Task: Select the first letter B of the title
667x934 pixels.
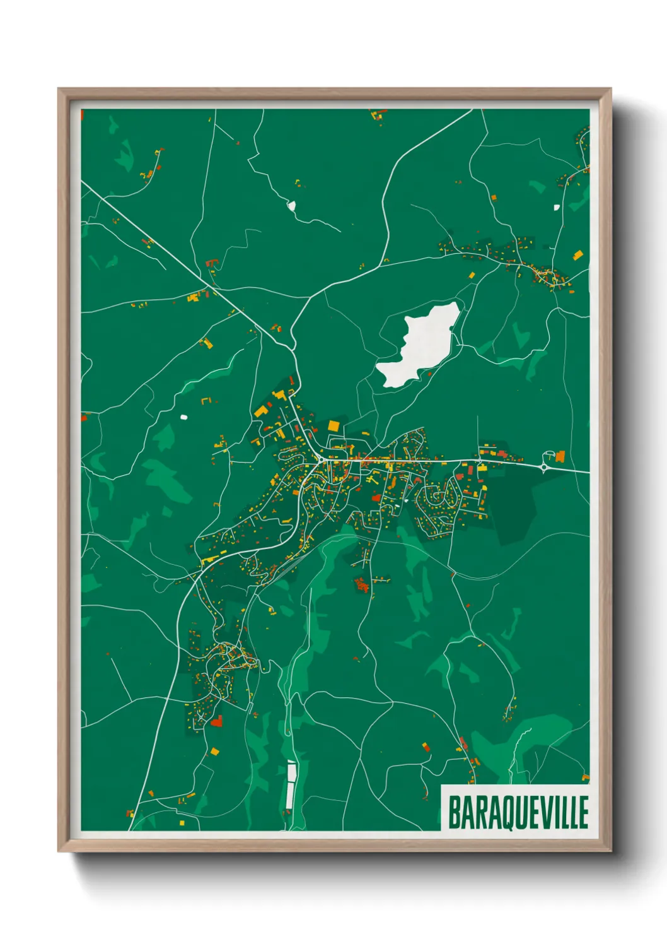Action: (x=454, y=813)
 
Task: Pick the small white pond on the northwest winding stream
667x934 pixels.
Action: (x=291, y=205)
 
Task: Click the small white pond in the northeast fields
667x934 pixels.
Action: (x=556, y=207)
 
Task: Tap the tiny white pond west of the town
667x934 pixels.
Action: (x=183, y=417)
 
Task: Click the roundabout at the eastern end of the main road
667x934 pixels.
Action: (x=544, y=467)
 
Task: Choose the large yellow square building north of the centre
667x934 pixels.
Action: (x=333, y=425)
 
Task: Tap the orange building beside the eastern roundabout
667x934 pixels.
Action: (x=560, y=456)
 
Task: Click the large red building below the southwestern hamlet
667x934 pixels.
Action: (x=216, y=721)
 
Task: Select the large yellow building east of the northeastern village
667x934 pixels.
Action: (x=577, y=255)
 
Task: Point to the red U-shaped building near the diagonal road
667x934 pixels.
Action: (x=212, y=263)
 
